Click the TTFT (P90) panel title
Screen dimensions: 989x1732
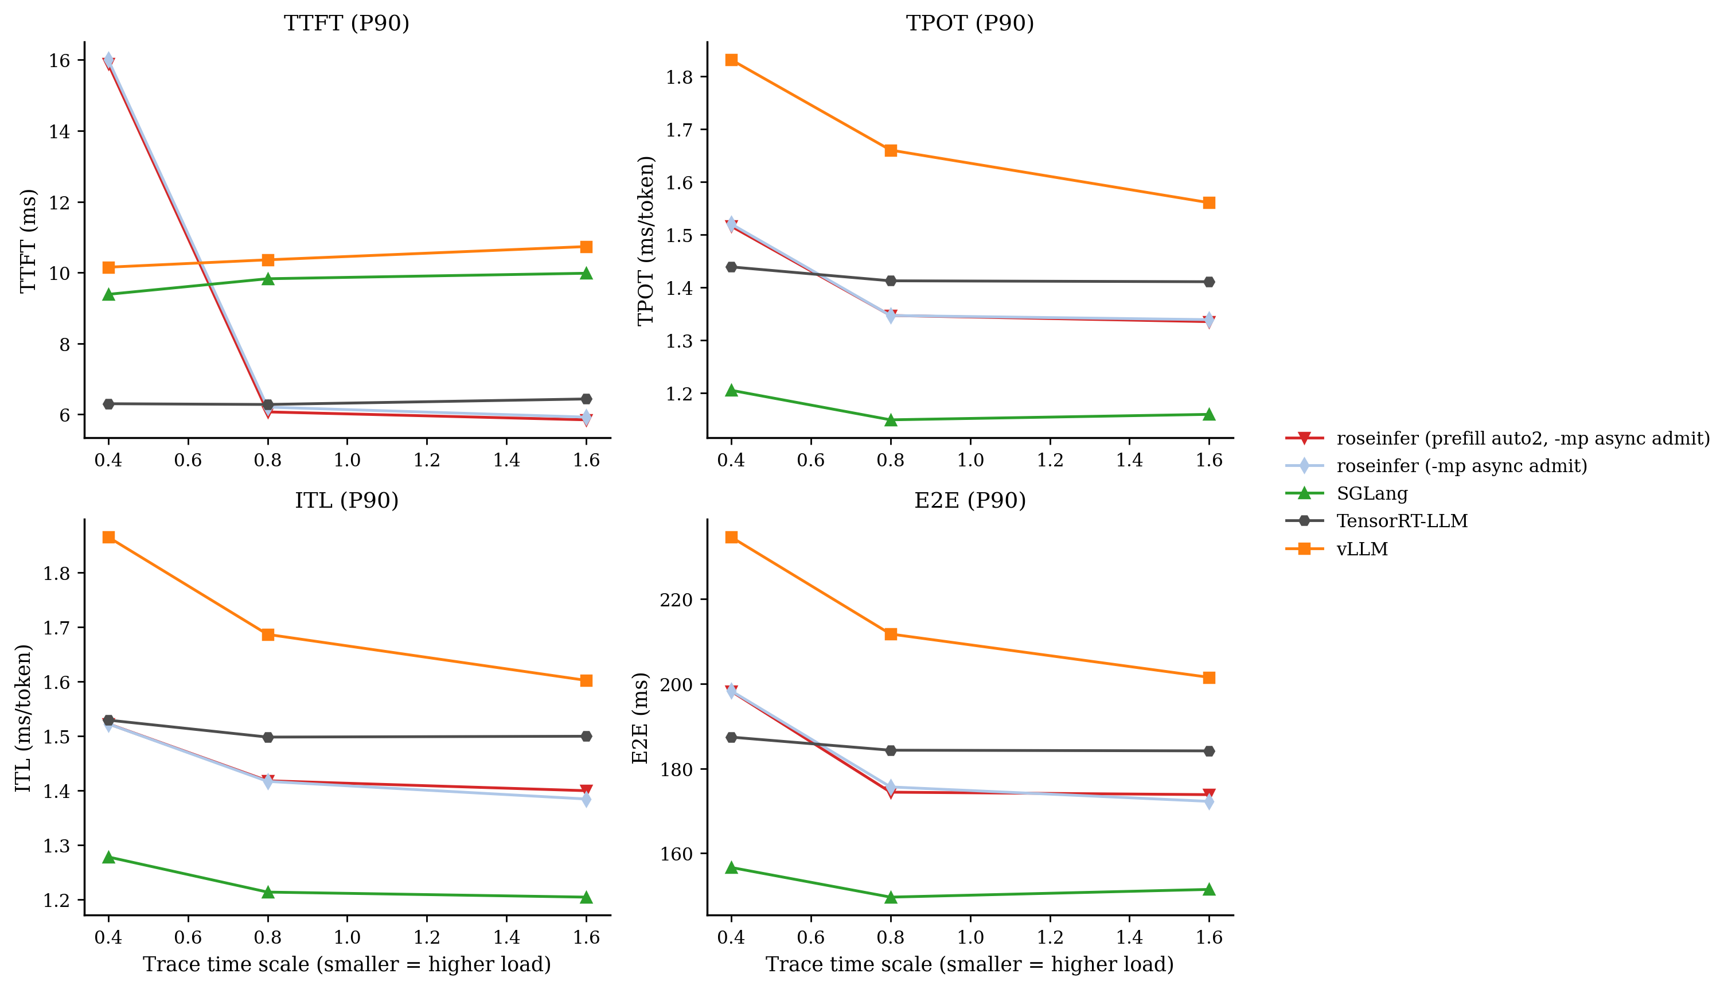(346, 23)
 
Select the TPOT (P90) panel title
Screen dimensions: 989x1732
(970, 23)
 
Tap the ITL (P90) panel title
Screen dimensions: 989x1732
(346, 501)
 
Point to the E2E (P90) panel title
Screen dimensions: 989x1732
(970, 501)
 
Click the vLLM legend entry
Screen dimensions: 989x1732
(1362, 549)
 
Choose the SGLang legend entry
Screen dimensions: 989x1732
(1371, 493)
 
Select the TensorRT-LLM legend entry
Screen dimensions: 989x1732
(1401, 521)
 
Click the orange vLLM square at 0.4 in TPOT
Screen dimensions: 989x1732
(731, 60)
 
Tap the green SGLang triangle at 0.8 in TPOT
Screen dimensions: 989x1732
(891, 420)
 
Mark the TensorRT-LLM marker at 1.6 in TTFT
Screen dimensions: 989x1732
(587, 399)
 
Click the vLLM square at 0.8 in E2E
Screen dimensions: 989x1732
(891, 634)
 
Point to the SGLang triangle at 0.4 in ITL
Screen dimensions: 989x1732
(108, 857)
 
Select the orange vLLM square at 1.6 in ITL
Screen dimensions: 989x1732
(587, 680)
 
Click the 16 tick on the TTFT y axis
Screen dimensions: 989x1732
(60, 60)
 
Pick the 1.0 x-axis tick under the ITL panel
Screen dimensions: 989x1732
(347, 937)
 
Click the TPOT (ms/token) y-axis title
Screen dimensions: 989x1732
(646, 240)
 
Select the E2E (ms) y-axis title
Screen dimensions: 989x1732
(640, 718)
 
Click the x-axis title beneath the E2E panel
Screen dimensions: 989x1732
(970, 964)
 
